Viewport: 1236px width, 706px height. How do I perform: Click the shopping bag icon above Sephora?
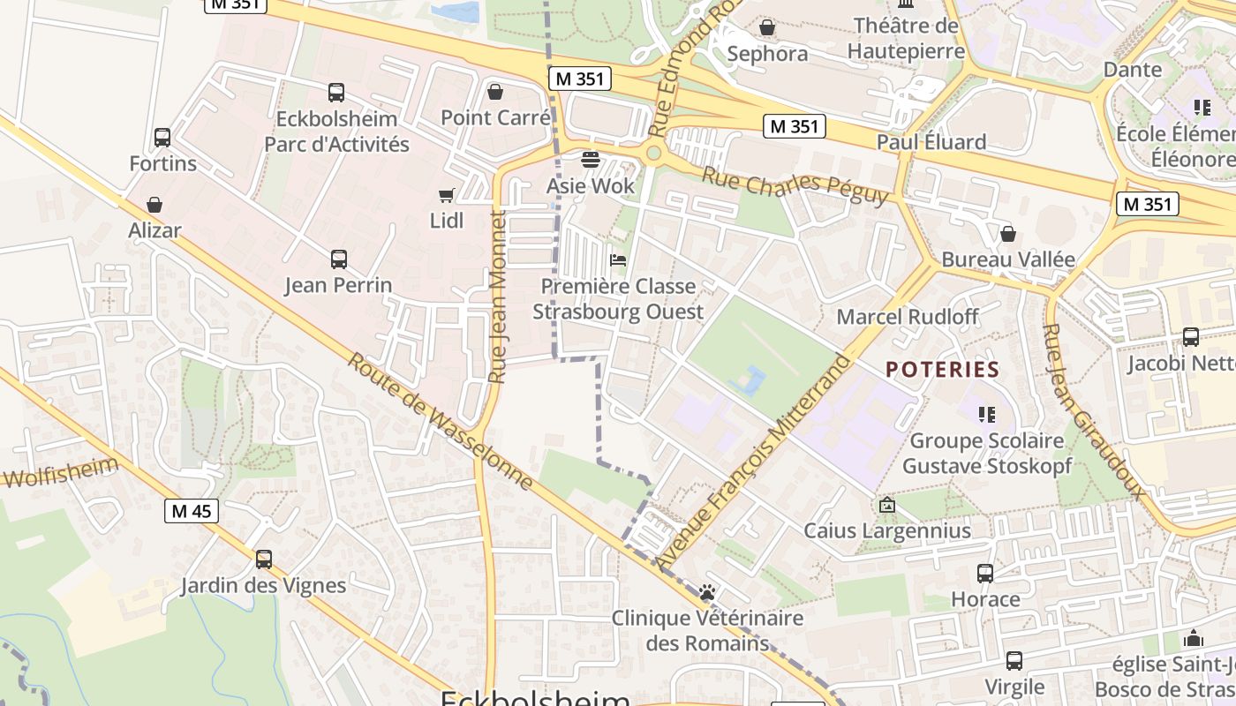767,28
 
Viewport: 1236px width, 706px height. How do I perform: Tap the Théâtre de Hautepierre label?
906,39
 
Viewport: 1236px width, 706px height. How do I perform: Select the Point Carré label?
495,117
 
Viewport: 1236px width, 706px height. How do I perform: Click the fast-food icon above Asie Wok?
591,160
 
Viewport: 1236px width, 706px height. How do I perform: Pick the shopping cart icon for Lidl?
447,195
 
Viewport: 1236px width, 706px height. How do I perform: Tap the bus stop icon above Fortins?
162,138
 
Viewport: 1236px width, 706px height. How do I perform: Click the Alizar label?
154,230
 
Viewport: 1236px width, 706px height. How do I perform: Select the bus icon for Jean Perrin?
339,259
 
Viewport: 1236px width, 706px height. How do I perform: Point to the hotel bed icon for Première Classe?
618,260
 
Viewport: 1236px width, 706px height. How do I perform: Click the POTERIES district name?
942,369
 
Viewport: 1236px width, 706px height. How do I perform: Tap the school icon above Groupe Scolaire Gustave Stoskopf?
987,414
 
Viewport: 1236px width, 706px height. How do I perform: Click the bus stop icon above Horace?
985,574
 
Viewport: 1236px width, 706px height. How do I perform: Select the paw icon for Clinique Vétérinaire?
707,592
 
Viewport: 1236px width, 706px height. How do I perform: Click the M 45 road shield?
192,511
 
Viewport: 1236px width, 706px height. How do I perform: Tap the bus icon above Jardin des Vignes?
264,559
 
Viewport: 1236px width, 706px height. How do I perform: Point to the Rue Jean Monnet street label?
497,296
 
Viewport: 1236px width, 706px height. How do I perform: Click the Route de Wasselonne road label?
440,421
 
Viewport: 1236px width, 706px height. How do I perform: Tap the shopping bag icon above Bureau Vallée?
1007,234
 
